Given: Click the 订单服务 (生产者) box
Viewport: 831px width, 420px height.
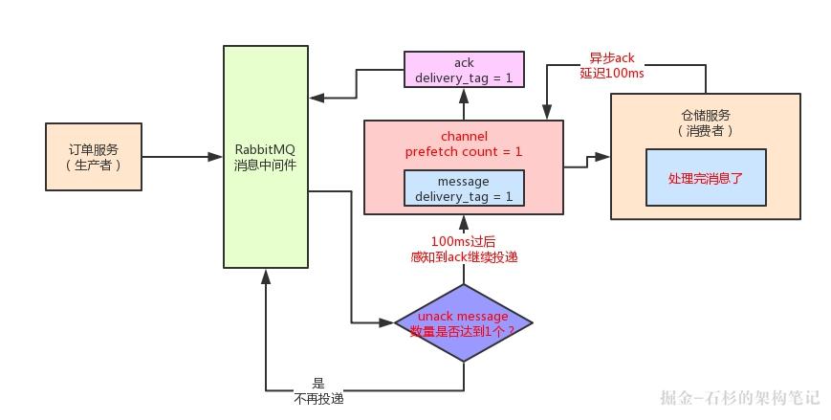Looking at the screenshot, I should tap(94, 156).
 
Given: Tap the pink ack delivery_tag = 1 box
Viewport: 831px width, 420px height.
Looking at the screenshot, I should tap(464, 71).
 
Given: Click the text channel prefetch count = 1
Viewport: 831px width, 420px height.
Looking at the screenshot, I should tap(463, 144).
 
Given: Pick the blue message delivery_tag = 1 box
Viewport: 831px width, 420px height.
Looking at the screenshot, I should tap(464, 188).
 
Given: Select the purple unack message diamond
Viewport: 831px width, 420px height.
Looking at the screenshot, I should tap(464, 322).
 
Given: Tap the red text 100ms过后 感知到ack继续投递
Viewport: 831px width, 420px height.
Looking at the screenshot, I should tap(463, 251).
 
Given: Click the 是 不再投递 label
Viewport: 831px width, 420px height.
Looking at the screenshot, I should tap(317, 390).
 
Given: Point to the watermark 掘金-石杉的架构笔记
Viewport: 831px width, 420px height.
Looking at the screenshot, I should tap(740, 396).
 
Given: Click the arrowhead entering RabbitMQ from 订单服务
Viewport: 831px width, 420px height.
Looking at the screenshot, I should tap(217, 156).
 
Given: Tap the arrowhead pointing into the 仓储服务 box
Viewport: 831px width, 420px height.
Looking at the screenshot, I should tap(604, 156).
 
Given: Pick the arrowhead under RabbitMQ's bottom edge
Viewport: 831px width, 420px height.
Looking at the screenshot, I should tap(266, 275).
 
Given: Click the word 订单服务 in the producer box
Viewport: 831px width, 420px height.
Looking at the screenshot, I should tap(94, 149).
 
